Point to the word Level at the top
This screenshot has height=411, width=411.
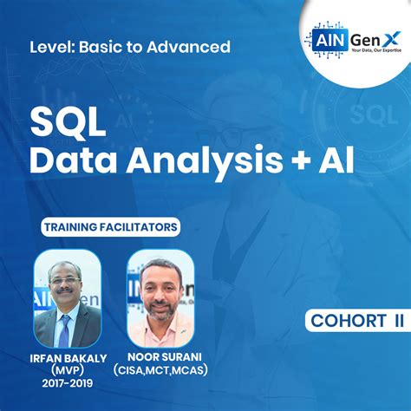pos(51,46)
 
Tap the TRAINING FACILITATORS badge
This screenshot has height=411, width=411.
pos(110,228)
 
